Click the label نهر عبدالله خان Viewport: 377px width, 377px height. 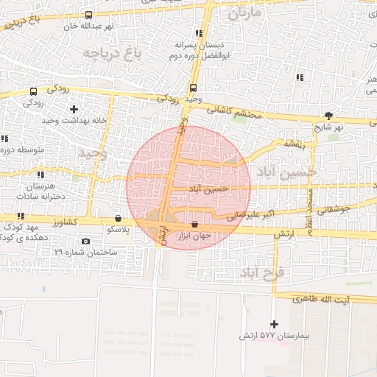pos(89,26)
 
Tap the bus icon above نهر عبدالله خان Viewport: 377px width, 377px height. pos(89,14)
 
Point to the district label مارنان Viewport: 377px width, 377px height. pos(244,13)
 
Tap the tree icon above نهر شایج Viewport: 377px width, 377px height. pos(328,116)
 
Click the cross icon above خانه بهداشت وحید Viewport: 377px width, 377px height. pos(73,109)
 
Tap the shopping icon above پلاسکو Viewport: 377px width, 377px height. pos(119,218)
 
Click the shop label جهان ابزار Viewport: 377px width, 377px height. pos(195,236)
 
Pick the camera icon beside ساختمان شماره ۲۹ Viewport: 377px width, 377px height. pos(86,242)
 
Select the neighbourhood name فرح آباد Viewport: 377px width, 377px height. pos(266,272)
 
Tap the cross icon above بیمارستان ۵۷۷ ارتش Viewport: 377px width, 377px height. pos(275,324)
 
